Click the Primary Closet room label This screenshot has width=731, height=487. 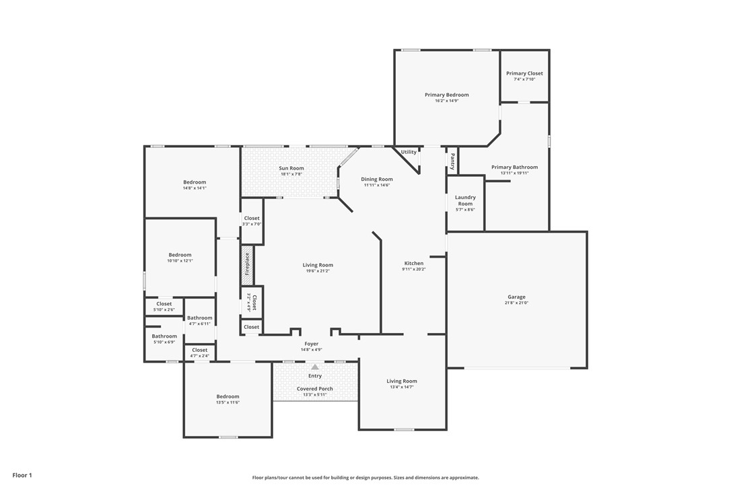(524, 73)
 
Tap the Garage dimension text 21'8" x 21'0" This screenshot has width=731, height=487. (516, 303)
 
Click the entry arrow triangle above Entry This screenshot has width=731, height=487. (315, 367)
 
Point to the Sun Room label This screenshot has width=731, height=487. (291, 168)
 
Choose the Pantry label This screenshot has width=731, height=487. (452, 161)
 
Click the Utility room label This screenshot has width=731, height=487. (409, 152)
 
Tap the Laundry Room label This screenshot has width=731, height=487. (465, 200)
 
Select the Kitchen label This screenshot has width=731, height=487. (414, 263)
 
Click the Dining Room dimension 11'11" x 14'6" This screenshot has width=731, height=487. (377, 186)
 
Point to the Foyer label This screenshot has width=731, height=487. (311, 344)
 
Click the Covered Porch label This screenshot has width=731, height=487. (315, 389)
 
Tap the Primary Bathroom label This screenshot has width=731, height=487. (514, 167)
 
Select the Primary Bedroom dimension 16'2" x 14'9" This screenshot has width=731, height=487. (446, 101)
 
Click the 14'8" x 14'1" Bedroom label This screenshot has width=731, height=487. (195, 182)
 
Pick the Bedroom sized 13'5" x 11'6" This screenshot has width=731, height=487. (228, 397)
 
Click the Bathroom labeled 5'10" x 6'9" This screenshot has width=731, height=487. (164, 336)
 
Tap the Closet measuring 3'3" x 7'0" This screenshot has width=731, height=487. (252, 219)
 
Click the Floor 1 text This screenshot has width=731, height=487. (22, 475)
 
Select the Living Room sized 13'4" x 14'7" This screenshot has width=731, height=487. (402, 381)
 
